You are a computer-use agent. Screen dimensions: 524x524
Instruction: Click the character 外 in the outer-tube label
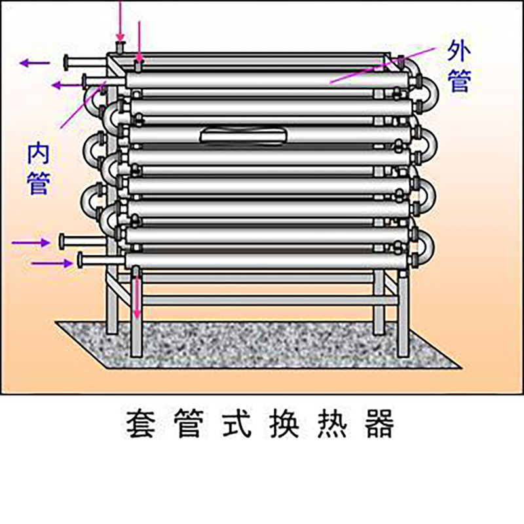[x=459, y=51]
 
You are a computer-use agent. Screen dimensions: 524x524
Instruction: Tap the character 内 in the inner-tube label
[x=39, y=153]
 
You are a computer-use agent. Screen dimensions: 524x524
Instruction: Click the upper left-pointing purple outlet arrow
[x=35, y=62]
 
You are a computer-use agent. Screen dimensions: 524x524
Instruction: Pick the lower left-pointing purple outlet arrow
[x=67, y=85]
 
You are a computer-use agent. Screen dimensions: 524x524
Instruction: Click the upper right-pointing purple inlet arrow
[x=31, y=242]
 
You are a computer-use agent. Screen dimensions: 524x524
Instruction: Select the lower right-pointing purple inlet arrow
[x=52, y=264]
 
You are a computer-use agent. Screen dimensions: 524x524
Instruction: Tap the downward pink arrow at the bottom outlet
[x=137, y=293]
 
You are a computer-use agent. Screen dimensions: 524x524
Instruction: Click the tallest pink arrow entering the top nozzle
[x=121, y=21]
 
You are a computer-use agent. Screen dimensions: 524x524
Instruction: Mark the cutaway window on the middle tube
[x=243, y=136]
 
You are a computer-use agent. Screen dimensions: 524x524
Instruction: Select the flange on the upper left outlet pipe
[x=66, y=62]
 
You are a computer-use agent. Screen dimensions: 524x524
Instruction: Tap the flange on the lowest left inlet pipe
[x=80, y=260]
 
